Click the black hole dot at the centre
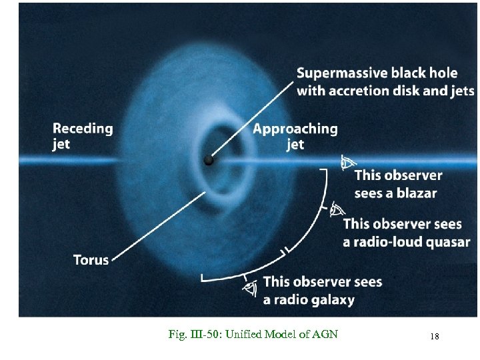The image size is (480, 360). [x=209, y=161]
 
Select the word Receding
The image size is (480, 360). [x=83, y=128]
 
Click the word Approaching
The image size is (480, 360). [x=295, y=129]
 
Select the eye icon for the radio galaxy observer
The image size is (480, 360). [x=251, y=288]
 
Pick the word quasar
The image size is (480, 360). [x=446, y=241]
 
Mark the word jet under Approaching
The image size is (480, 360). [x=295, y=145]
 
